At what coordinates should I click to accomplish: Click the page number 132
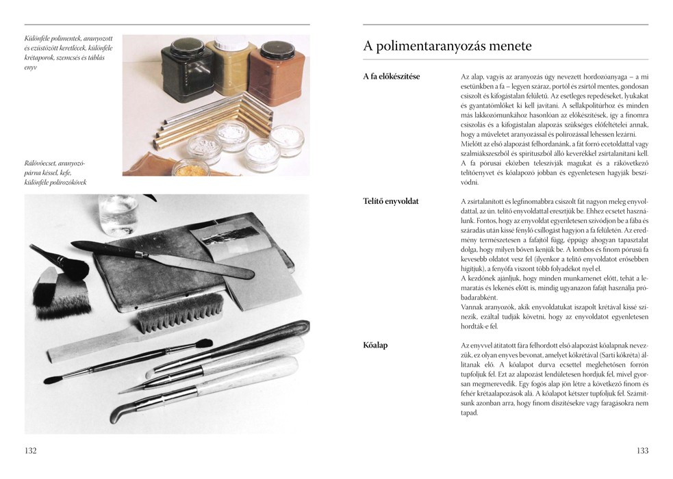click(31, 451)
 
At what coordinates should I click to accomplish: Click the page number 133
click(642, 451)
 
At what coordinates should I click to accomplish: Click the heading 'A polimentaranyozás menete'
click(447, 46)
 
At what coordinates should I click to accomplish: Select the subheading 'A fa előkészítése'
click(392, 77)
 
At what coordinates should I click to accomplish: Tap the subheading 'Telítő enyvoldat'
click(390, 201)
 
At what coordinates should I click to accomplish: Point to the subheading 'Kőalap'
click(375, 345)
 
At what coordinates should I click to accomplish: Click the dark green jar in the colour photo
click(187, 70)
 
